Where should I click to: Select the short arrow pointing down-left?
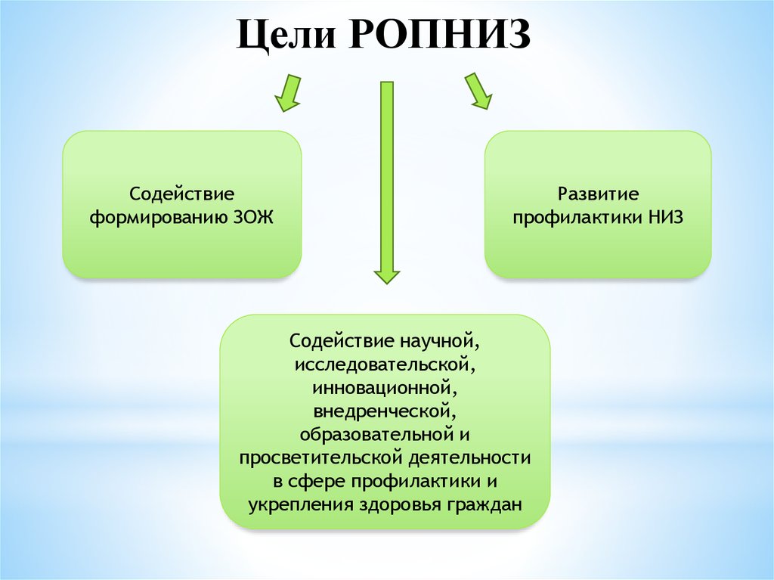(288, 93)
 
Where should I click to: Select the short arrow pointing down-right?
(478, 91)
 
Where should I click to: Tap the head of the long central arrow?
(387, 278)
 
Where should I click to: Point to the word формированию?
(159, 219)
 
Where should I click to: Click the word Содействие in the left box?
(181, 194)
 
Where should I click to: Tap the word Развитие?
(598, 194)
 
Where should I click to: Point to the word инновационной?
(383, 389)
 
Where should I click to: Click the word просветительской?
(321, 458)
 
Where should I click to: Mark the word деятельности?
(469, 458)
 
